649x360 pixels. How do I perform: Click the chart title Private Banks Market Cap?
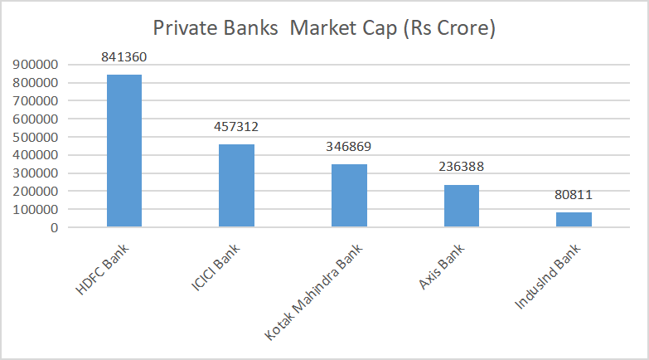coord(324,28)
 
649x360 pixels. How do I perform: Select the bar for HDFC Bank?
coord(124,150)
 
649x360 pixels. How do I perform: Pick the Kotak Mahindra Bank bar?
coord(349,195)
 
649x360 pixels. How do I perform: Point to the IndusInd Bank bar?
coord(574,219)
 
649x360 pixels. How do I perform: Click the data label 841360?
coord(124,58)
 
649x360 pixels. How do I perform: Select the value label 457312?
coord(236,128)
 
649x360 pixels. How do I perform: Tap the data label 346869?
coord(349,148)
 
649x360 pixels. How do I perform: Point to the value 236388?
coord(462,168)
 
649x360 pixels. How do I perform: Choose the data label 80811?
coord(574,196)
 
